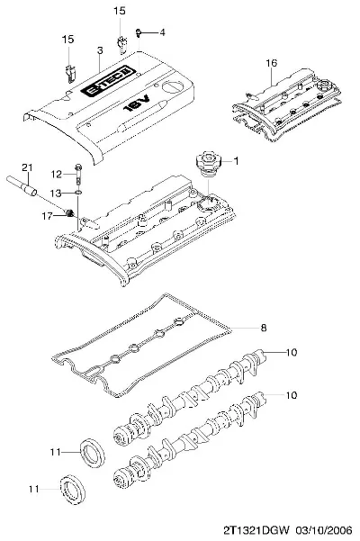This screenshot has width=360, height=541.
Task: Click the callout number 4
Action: click(x=162, y=32)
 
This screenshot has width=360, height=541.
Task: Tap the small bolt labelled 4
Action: click(x=139, y=32)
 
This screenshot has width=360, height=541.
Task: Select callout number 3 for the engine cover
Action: click(x=100, y=50)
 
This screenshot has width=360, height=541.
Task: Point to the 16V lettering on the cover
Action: click(x=137, y=104)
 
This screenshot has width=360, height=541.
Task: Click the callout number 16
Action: click(x=272, y=63)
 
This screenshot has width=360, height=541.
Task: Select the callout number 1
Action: click(x=236, y=161)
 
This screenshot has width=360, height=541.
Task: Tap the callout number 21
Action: click(x=27, y=167)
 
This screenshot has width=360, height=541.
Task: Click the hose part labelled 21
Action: click(x=22, y=185)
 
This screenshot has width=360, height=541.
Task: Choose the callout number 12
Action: click(x=56, y=175)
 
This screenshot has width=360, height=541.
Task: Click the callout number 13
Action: click(x=56, y=194)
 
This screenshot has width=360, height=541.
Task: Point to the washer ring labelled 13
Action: click(x=78, y=192)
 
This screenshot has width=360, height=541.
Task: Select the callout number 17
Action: click(x=47, y=216)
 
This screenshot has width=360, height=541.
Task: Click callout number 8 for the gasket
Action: click(x=264, y=328)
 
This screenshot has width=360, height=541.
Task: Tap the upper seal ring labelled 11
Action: click(x=93, y=454)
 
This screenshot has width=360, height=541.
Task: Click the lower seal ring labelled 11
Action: click(x=74, y=490)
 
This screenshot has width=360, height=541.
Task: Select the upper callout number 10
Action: click(x=292, y=352)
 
